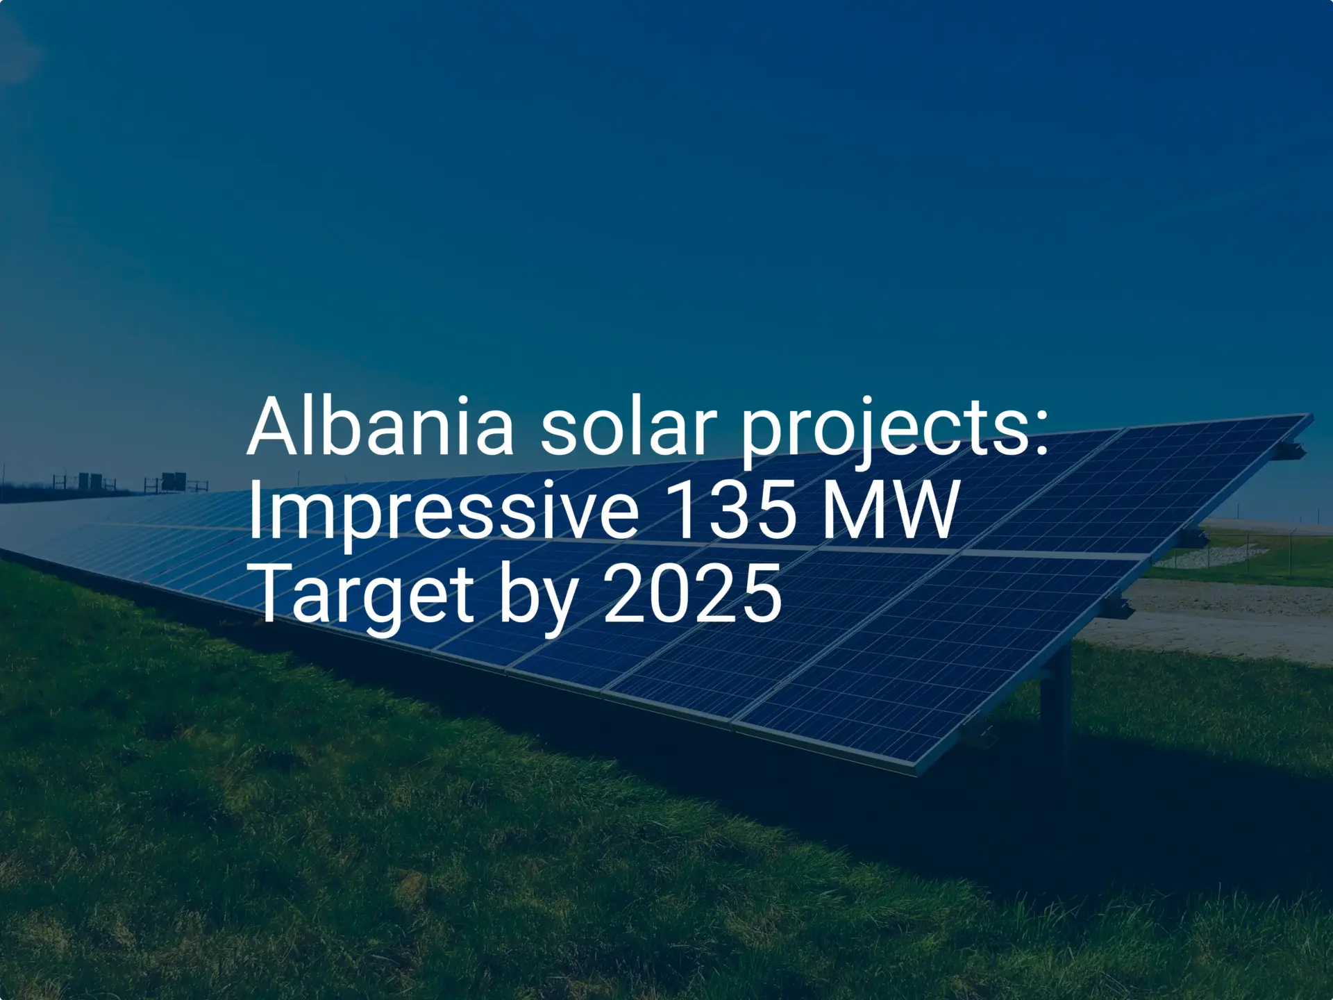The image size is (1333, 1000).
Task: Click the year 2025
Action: coord(692,594)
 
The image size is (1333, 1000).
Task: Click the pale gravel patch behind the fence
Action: coord(1194,557)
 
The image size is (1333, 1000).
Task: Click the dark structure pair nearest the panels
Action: coord(174,481)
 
